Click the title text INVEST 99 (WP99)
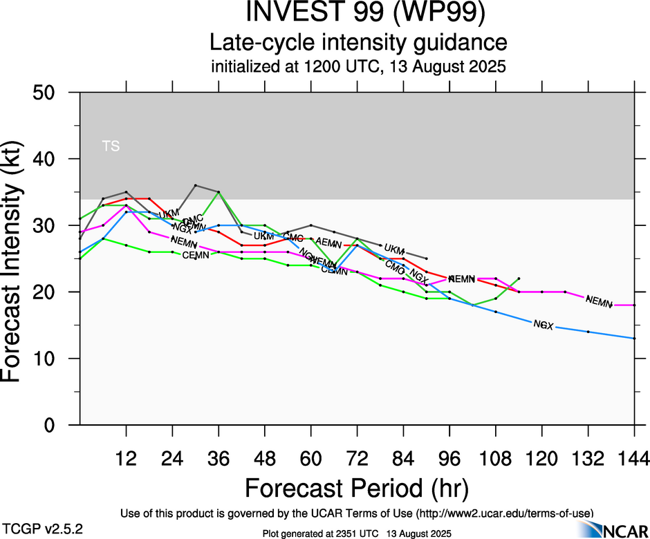click(x=357, y=13)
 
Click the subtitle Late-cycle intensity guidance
click(x=357, y=43)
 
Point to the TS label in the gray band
click(x=111, y=146)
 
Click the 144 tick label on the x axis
click(x=634, y=458)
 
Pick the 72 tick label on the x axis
click(x=357, y=458)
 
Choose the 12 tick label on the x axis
click(x=126, y=458)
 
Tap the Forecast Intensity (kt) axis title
click(x=19, y=258)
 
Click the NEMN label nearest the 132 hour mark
click(x=599, y=301)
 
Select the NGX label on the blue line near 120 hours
click(x=544, y=324)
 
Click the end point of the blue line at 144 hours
click(x=635, y=339)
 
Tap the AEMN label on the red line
click(x=329, y=242)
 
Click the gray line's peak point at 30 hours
click(x=196, y=185)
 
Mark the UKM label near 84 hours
click(x=394, y=249)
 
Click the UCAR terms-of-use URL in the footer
click(x=504, y=513)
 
